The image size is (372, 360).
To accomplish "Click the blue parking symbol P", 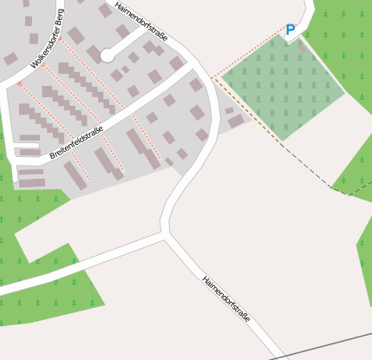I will (x=290, y=30).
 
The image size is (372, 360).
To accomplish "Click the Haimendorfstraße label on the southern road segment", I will (x=225, y=299).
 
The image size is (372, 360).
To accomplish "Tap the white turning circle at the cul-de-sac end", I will (x=107, y=56).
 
